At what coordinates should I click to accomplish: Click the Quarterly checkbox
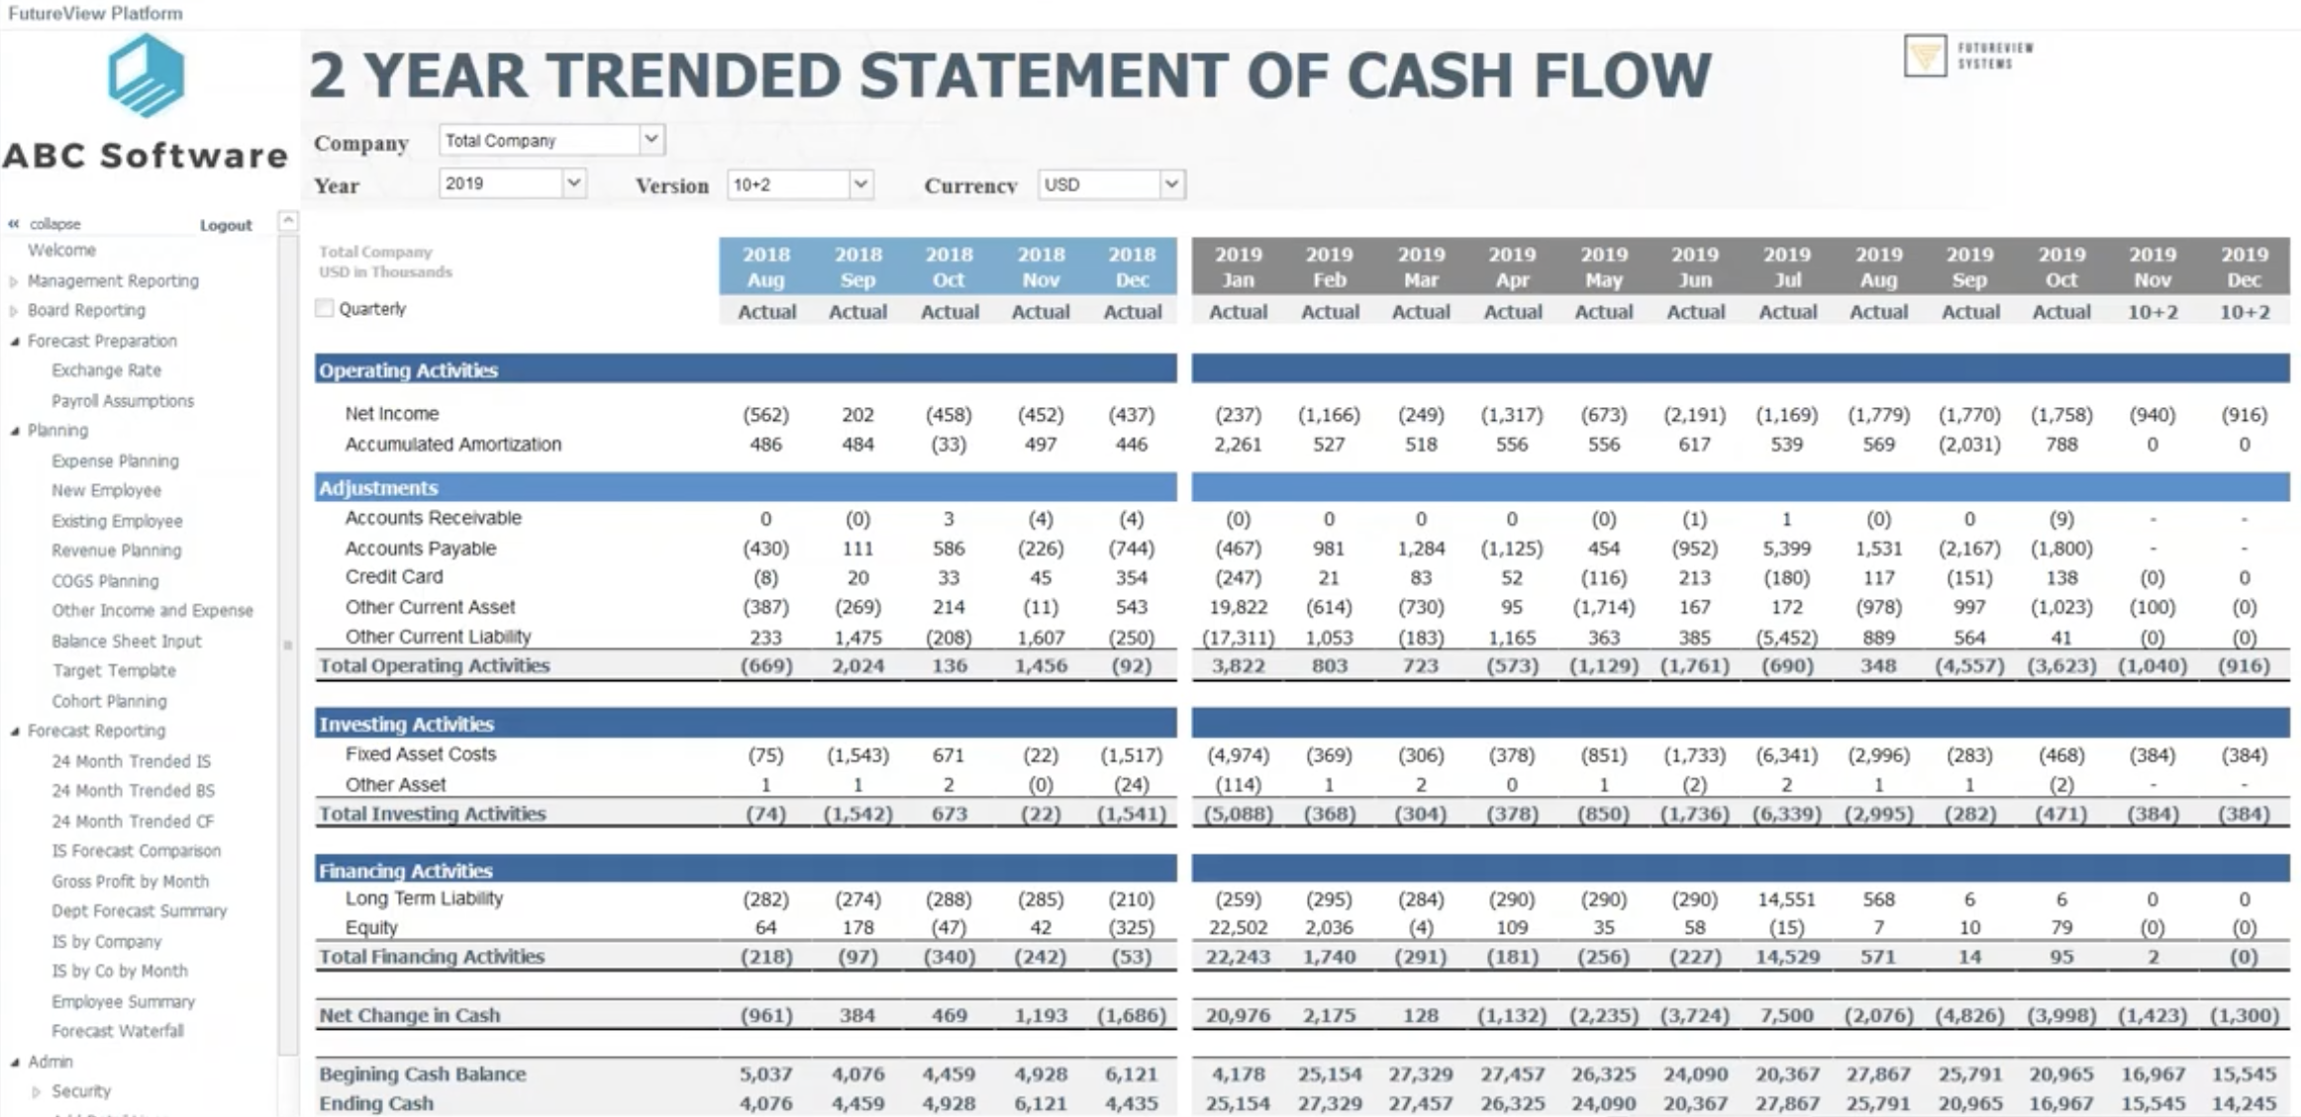coord(325,309)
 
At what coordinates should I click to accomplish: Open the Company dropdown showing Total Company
coord(551,141)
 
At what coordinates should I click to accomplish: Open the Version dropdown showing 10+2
coord(800,185)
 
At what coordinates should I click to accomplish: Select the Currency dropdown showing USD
coord(1111,185)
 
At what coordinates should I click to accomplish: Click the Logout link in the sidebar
coord(226,226)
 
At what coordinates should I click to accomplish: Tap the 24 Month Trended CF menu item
coord(133,821)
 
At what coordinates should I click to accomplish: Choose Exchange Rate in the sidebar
coord(106,370)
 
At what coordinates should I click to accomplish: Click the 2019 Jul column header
coord(1786,266)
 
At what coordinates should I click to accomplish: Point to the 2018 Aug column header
coord(765,266)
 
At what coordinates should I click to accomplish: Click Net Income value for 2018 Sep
coord(857,415)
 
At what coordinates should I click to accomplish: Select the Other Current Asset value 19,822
coord(1238,607)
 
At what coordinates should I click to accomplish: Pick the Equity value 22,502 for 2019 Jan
coord(1238,928)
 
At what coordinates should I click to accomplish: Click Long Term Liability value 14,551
coord(1786,899)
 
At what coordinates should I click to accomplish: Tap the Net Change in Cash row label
coord(409,1015)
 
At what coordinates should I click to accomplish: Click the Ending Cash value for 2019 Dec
coord(2243,1103)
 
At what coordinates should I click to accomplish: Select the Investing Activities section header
coord(406,724)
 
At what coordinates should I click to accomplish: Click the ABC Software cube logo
coord(146,75)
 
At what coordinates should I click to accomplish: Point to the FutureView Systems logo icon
coord(1925,55)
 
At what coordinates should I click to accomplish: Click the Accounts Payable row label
coord(420,549)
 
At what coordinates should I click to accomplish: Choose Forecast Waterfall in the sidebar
coord(118,1031)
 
